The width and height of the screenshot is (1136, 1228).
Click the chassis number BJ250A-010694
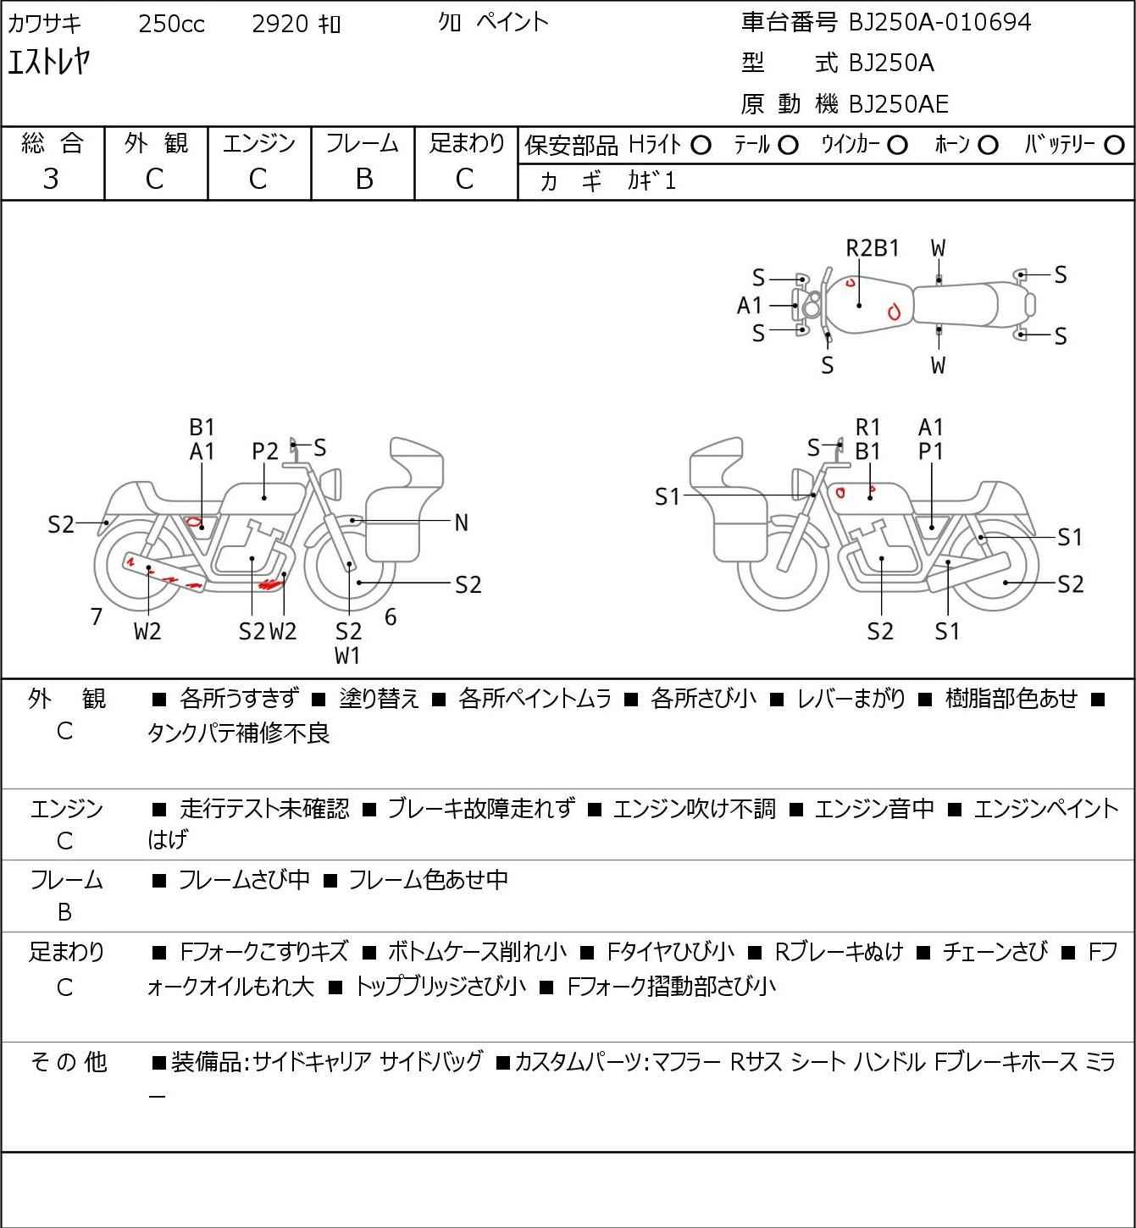pos(939,22)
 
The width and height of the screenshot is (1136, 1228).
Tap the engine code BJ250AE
pos(898,103)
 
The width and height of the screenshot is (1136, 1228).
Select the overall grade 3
pos(52,179)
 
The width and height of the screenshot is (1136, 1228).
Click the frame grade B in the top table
pos(363,179)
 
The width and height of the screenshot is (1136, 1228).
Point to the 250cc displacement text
pos(171,24)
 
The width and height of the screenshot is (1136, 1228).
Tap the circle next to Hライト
pos(701,146)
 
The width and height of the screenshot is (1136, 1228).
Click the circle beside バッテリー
pos(1115,146)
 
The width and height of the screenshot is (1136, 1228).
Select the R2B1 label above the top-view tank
pos(873,248)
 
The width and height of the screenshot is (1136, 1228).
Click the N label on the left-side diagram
pos(461,523)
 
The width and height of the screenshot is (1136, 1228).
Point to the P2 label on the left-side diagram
pos(265,451)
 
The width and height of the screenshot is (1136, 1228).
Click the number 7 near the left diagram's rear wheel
pos(97,617)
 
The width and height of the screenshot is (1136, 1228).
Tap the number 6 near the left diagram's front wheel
pos(391,617)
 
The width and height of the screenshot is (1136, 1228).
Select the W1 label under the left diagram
pos(347,655)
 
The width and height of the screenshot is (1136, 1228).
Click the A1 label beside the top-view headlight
pos(750,305)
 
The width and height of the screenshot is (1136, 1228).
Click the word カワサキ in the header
pos(44,23)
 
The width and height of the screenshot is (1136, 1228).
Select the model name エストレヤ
pos(48,62)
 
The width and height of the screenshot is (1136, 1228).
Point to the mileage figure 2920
pos(280,24)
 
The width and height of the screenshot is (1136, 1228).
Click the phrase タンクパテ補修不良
pos(238,733)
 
